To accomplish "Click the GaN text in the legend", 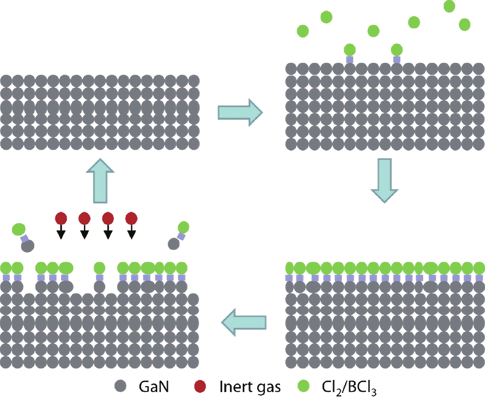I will click(x=154, y=386).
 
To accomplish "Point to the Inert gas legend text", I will click(x=250, y=386).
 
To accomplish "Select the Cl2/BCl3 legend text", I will click(x=349, y=387).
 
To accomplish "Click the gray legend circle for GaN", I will click(x=120, y=386).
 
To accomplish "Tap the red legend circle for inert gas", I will click(x=200, y=386).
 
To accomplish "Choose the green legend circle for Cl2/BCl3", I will click(x=303, y=386).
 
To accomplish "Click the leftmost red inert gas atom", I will click(x=61, y=218).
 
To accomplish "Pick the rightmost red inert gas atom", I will click(x=131, y=218).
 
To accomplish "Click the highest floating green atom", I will click(x=449, y=6).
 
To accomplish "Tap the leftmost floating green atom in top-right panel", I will click(x=303, y=31).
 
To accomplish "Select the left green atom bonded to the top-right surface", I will click(x=350, y=49).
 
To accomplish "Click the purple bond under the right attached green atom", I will click(x=397, y=59).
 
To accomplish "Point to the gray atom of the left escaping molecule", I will click(x=28, y=246).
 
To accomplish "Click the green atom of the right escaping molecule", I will click(x=184, y=227).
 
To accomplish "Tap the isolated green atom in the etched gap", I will click(x=99, y=268).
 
